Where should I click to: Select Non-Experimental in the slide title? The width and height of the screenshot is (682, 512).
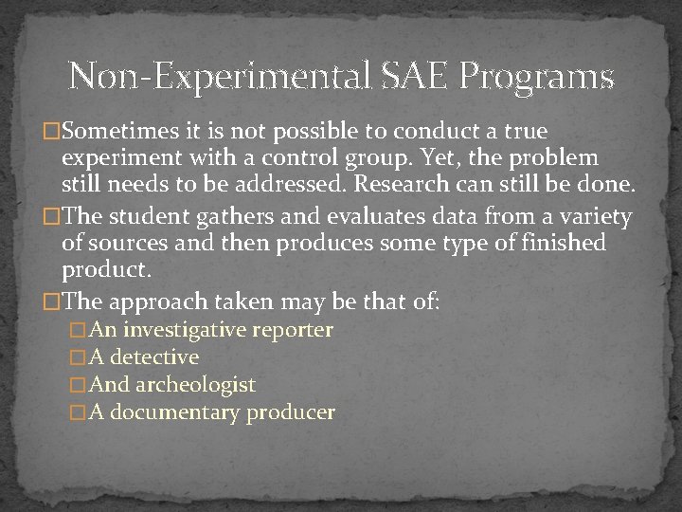pyautogui.click(x=220, y=76)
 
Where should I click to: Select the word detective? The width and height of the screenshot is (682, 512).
pyautogui.click(x=154, y=357)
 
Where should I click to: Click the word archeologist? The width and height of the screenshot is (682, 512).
pyautogui.click(x=196, y=385)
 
